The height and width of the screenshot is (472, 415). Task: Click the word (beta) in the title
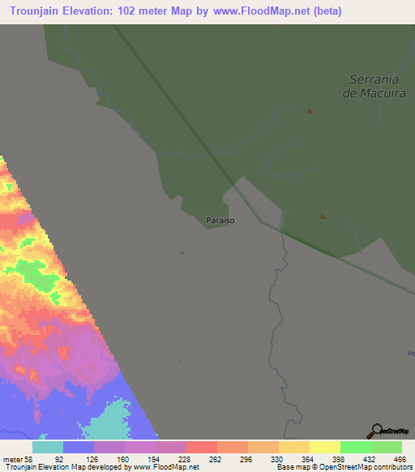[322, 11]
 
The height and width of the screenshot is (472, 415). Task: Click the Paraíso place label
[221, 220]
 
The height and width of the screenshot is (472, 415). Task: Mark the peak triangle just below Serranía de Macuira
[309, 111]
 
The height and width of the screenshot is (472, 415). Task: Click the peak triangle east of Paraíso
[323, 217]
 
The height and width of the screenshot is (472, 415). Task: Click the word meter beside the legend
[13, 459]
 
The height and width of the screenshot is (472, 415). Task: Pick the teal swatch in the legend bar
[48, 447]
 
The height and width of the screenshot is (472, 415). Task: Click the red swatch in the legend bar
[201, 447]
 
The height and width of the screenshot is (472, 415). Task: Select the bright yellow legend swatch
[324, 447]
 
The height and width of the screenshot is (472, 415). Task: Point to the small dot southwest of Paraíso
[182, 252]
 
